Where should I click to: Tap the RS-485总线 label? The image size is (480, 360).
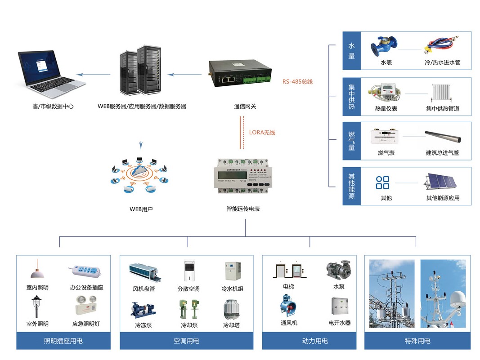point(297,81)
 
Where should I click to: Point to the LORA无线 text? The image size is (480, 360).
point(262,132)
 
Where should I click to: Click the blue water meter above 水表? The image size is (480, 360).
point(384,45)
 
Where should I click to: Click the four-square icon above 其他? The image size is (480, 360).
point(383,182)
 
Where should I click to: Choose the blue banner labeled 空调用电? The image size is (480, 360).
point(186,341)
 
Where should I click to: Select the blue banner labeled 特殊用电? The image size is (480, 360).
point(417,341)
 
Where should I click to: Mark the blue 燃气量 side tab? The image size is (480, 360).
point(352,141)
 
